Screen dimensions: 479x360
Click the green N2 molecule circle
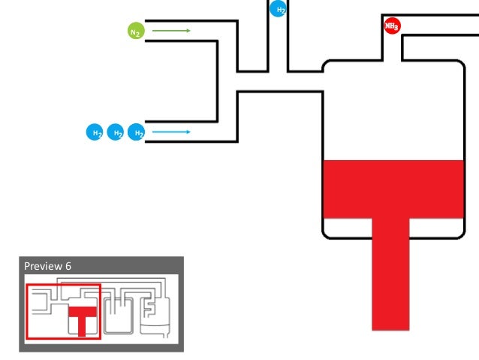(135, 32)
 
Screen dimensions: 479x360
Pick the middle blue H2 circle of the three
(116, 132)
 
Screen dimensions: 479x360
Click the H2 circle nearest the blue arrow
(137, 132)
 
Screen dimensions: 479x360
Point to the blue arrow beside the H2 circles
(170, 132)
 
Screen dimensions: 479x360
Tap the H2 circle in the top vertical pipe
(278, 9)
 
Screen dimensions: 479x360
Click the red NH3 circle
(391, 26)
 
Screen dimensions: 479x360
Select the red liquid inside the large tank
(390, 188)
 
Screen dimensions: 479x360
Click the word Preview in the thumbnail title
(39, 266)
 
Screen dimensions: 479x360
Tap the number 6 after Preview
(68, 266)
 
